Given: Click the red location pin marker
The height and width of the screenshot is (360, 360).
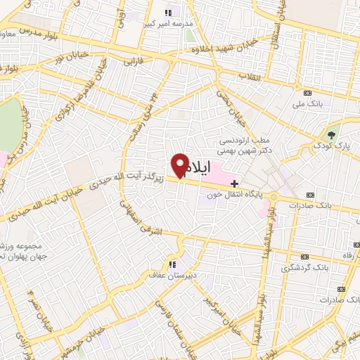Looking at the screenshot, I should (x=180, y=165).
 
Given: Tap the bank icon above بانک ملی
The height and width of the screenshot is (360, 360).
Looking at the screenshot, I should (x=307, y=94).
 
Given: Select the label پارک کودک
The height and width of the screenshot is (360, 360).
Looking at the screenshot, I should (x=333, y=146).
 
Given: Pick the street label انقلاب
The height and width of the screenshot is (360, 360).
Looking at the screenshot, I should (x=250, y=75).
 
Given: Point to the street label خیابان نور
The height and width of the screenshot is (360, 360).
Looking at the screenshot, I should (x=72, y=56).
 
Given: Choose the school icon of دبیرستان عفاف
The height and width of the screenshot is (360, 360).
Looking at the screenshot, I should (x=170, y=265).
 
